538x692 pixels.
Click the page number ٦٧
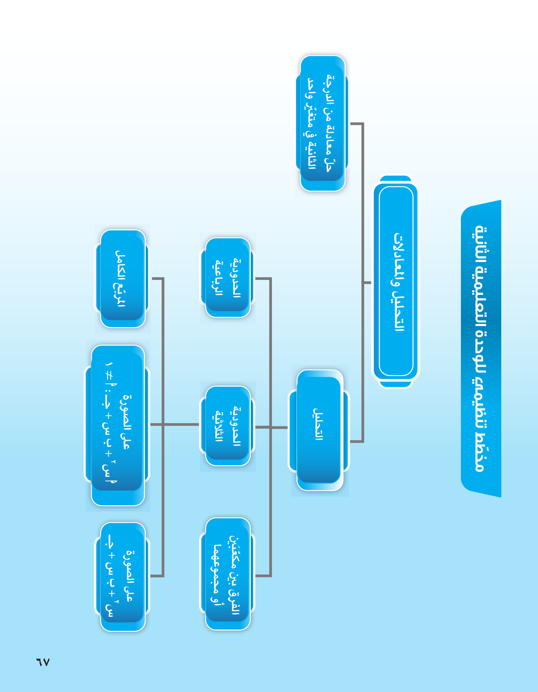[43, 662]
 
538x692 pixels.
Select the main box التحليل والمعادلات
[396, 282]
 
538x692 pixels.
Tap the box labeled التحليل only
[319, 429]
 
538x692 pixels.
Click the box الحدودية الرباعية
[228, 278]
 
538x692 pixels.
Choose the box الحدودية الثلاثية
[228, 426]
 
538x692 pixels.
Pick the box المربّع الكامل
[122, 279]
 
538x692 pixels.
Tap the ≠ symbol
[109, 376]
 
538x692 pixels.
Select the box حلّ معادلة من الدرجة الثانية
[322, 123]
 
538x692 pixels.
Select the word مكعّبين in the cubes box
[235, 553]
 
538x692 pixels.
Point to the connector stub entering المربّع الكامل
[157, 279]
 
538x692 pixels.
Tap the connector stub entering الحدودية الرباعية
[263, 279]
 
